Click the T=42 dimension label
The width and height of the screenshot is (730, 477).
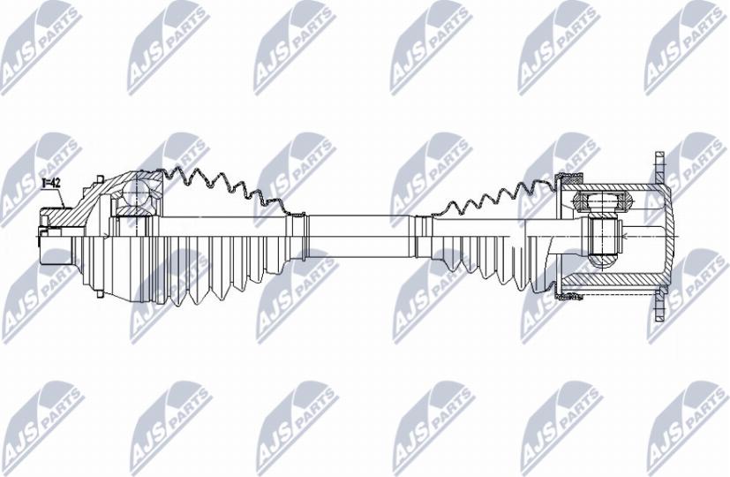(x=52, y=183)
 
